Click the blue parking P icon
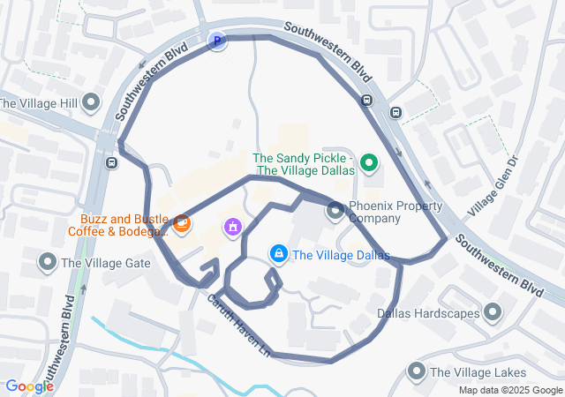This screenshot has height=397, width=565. tap(217, 40)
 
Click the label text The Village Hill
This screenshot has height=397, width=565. tap(39, 103)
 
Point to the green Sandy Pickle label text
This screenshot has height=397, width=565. tap(304, 164)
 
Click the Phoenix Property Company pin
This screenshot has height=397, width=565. tap(335, 212)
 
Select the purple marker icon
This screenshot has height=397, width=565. tap(233, 228)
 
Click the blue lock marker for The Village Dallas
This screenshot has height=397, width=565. tap(279, 255)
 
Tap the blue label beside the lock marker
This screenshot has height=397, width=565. tap(341, 256)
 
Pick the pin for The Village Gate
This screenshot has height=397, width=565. tap(47, 262)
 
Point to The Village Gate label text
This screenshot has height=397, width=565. tap(105, 263)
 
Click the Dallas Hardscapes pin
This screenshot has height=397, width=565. tap(493, 312)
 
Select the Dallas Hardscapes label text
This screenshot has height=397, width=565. tap(427, 312)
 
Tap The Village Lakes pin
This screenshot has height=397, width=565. tap(417, 372)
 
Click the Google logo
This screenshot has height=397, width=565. tap(29, 386)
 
